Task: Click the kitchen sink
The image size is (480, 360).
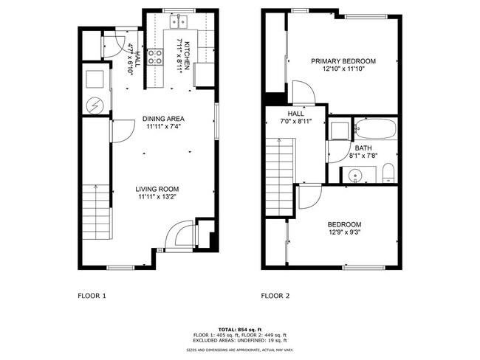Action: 179,22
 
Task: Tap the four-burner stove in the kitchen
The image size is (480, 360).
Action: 155,57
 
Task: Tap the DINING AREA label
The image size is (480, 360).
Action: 164,118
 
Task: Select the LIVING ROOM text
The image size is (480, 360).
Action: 163,189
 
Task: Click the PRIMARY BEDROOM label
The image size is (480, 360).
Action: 343,61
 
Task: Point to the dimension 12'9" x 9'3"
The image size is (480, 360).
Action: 344,233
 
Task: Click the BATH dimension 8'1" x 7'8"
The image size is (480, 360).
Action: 363,155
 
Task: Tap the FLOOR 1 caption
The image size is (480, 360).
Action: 92,296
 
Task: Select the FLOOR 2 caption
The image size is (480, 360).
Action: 275,296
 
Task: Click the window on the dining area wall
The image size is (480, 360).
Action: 216,120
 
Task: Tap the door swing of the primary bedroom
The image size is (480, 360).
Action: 304,91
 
